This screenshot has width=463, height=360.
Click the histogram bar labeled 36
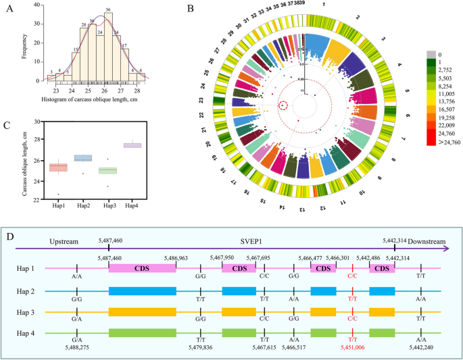tap(108, 47)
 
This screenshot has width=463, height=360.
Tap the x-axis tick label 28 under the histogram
tap(137, 90)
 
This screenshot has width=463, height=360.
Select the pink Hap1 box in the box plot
tap(58, 167)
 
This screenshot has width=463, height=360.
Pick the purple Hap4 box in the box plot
tap(132, 145)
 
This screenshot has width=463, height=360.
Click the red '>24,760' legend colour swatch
tap(433, 143)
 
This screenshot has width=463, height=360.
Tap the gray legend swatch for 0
tap(433, 53)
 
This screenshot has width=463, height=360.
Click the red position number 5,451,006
tap(350, 346)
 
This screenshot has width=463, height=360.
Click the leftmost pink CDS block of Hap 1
tap(142, 268)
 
